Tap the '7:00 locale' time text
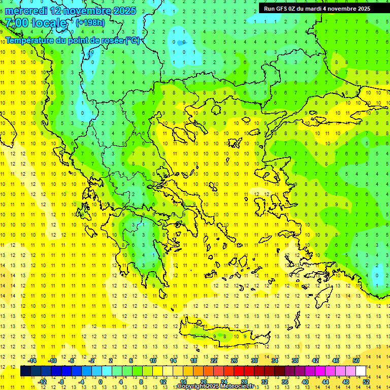[x=36, y=23]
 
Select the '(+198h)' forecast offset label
[x=90, y=22]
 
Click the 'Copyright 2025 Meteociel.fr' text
[x=215, y=386]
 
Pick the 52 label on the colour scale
[x=366, y=381]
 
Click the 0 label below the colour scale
[x=101, y=381]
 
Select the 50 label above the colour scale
[x=356, y=361]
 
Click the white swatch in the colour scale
[x=361, y=371]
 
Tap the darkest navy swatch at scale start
[x=26, y=371]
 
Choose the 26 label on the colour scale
[x=234, y=361]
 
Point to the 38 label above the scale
[x=295, y=361]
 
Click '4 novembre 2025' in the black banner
[x=346, y=8]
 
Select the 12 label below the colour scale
[x=163, y=381]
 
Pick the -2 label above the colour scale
[x=92, y=361]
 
